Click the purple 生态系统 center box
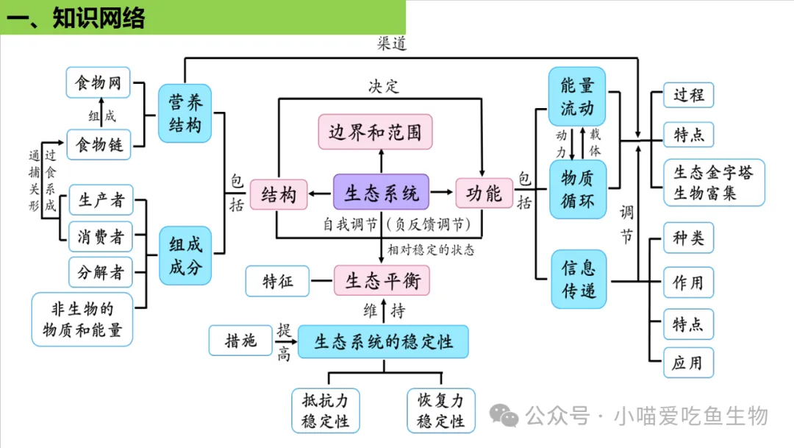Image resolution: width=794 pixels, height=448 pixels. click(381, 193)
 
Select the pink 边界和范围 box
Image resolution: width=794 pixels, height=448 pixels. click(375, 132)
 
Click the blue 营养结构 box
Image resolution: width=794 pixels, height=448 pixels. click(185, 113)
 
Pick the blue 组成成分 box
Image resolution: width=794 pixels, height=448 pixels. click(185, 255)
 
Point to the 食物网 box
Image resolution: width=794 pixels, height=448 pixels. click(98, 83)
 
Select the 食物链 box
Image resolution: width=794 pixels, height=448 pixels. click(98, 143)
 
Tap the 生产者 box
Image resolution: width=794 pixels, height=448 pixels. click(101, 200)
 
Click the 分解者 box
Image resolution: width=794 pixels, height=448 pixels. click(101, 272)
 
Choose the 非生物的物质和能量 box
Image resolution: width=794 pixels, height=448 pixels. click(82, 319)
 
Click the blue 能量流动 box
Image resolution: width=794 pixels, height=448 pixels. click(577, 96)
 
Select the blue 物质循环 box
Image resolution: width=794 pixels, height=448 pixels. click(577, 189)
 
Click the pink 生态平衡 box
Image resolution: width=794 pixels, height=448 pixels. click(382, 281)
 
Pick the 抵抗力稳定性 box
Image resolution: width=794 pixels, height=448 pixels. click(326, 410)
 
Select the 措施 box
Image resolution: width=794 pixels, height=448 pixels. click(240, 341)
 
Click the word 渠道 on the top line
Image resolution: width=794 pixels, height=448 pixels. click(391, 43)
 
